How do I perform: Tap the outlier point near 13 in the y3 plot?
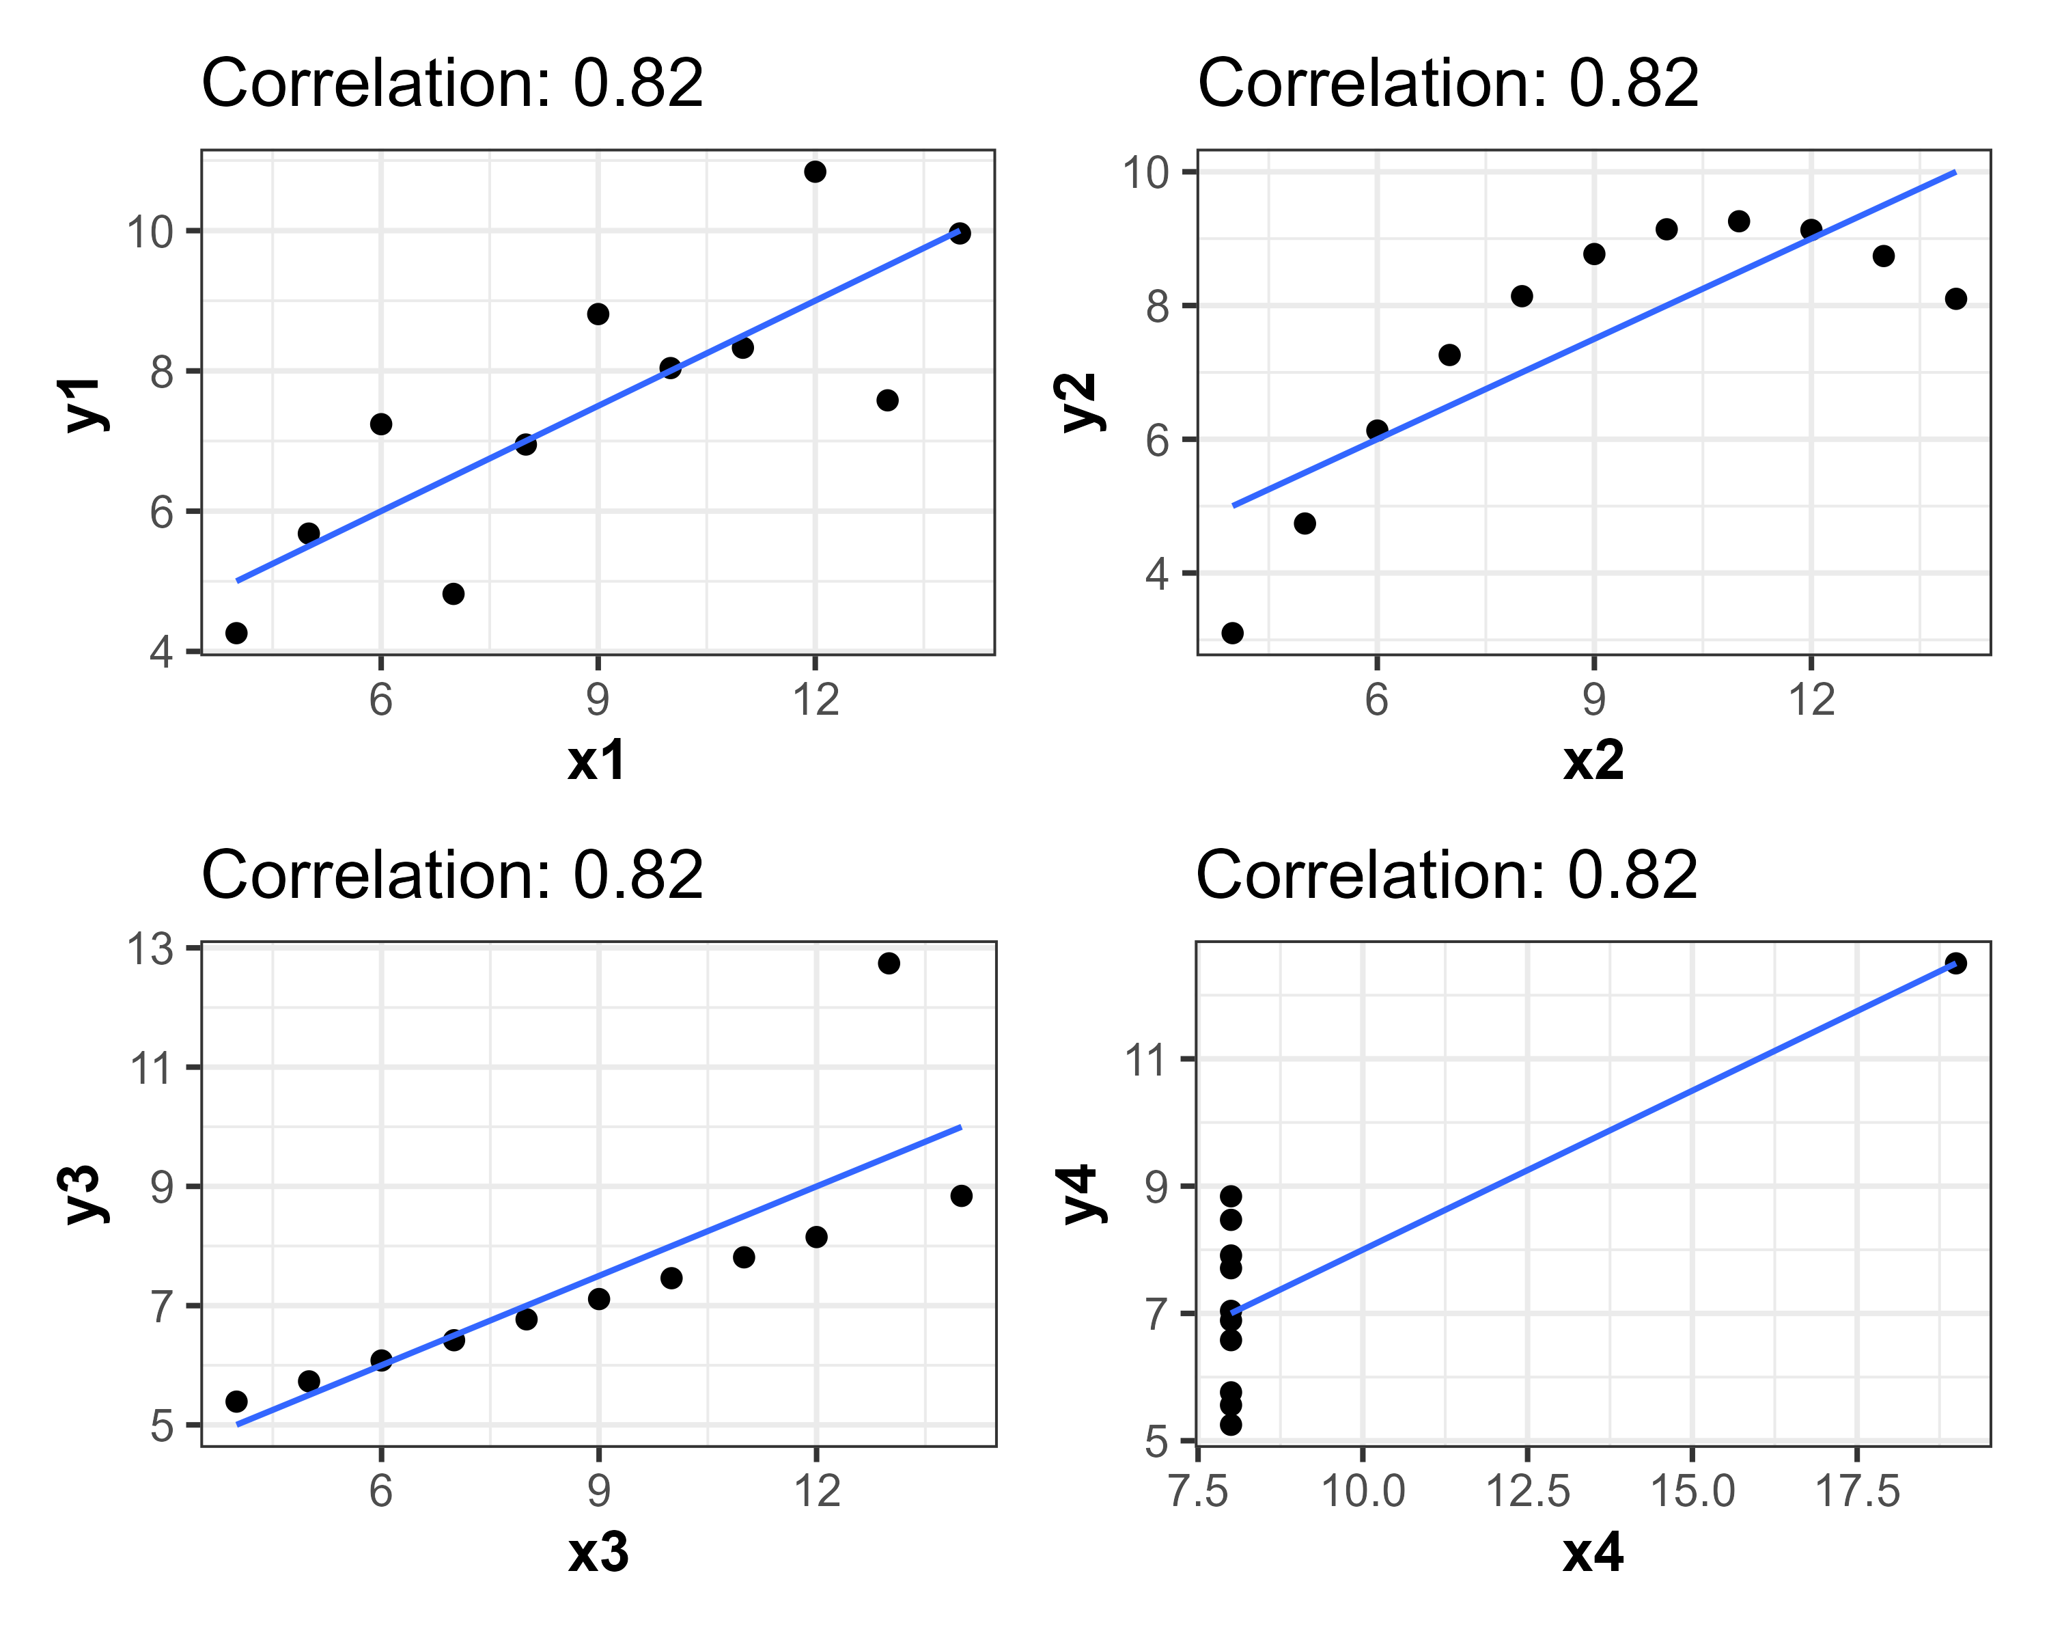point(889,963)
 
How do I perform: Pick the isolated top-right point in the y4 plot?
point(1955,963)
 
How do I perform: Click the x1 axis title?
point(597,761)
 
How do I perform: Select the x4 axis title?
point(1593,1553)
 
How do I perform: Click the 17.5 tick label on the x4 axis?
point(1857,1491)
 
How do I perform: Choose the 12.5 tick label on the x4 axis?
point(1527,1491)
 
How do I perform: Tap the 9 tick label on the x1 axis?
point(597,700)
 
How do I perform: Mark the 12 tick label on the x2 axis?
point(1811,700)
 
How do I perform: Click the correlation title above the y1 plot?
point(452,83)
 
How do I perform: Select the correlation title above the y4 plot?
point(1447,875)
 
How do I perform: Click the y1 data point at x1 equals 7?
point(454,593)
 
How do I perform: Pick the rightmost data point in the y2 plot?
point(1955,299)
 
